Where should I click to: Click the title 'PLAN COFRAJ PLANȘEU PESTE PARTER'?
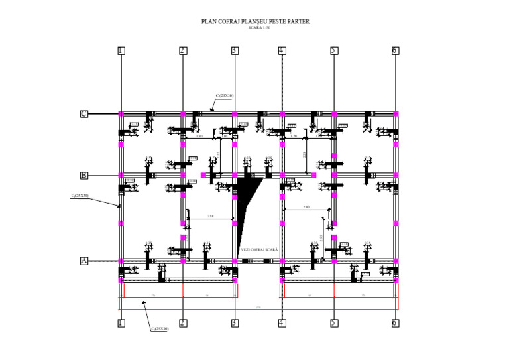tap(255, 21)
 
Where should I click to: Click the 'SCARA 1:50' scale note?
tap(255, 28)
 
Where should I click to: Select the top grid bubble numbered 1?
tap(121, 50)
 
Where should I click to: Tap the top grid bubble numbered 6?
tap(395, 50)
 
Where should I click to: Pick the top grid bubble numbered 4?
tap(282, 50)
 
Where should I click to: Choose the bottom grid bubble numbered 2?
tap(183, 323)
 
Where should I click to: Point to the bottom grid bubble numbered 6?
tap(395, 323)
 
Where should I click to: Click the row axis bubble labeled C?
tap(84, 114)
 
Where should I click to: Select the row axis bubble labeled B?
tap(84, 176)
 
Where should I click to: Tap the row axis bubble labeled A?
tap(84, 261)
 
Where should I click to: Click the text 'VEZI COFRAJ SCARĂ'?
tap(259, 250)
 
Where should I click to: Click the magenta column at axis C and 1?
tap(121, 114)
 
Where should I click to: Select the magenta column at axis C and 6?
tap(396, 114)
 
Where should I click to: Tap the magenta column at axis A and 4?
tap(282, 261)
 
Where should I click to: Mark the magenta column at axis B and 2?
tap(183, 176)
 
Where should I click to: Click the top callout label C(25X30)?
tap(224, 96)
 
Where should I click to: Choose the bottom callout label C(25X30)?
tap(159, 329)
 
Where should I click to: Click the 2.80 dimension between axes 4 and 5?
tap(306, 208)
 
